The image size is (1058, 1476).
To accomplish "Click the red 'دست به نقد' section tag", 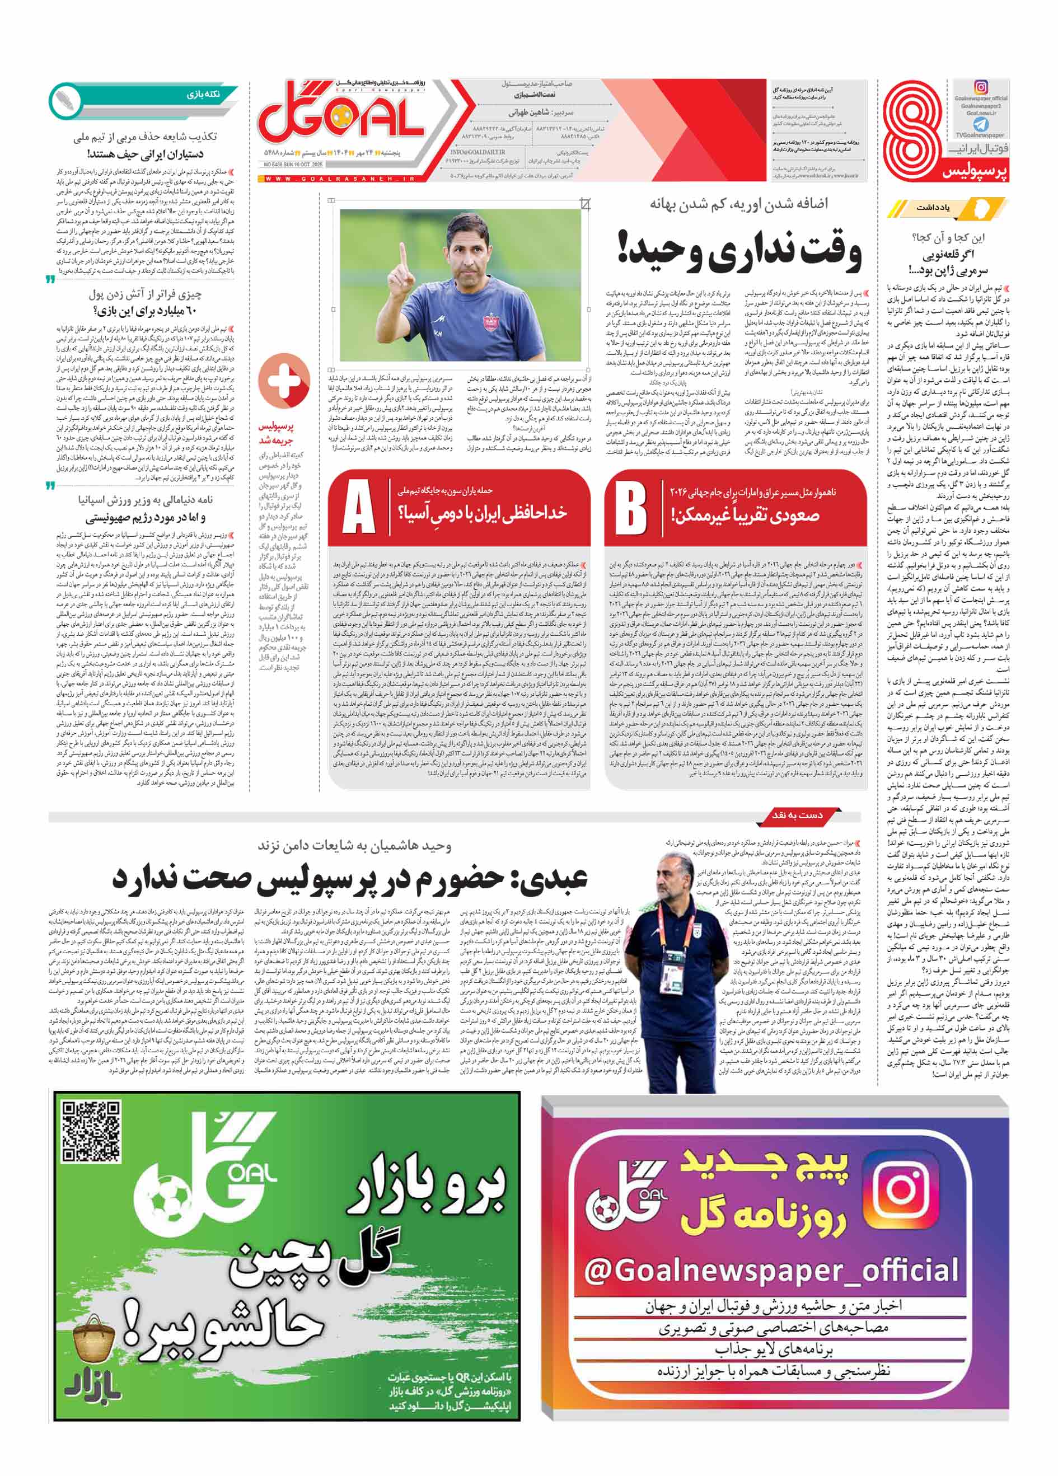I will [x=797, y=815].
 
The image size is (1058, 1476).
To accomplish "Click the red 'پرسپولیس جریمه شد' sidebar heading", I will [x=277, y=433].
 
